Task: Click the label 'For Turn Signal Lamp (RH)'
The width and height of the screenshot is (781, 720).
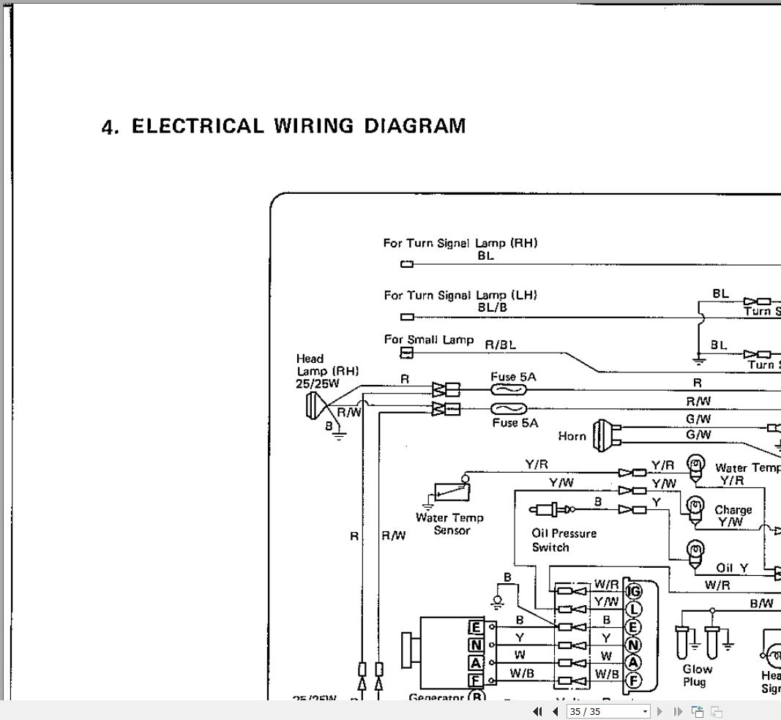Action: tap(460, 243)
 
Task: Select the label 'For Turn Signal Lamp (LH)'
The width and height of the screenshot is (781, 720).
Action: tap(460, 296)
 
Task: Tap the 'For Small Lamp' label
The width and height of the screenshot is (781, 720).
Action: tap(428, 340)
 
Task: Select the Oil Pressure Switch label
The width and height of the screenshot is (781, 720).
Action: tap(564, 540)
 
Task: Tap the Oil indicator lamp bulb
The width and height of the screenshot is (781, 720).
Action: tap(692, 550)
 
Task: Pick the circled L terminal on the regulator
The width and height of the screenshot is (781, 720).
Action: tap(634, 609)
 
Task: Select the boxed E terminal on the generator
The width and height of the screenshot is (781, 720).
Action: tap(476, 628)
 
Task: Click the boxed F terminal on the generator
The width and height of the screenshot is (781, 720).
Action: tap(476, 680)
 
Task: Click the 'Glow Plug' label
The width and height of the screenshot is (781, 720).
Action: tap(697, 675)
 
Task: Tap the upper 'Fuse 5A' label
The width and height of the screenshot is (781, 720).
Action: tap(513, 377)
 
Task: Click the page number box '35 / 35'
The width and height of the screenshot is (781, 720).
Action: tap(608, 711)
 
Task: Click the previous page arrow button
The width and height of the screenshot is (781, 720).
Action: tap(554, 711)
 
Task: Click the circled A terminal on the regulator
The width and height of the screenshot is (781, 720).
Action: tap(634, 663)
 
